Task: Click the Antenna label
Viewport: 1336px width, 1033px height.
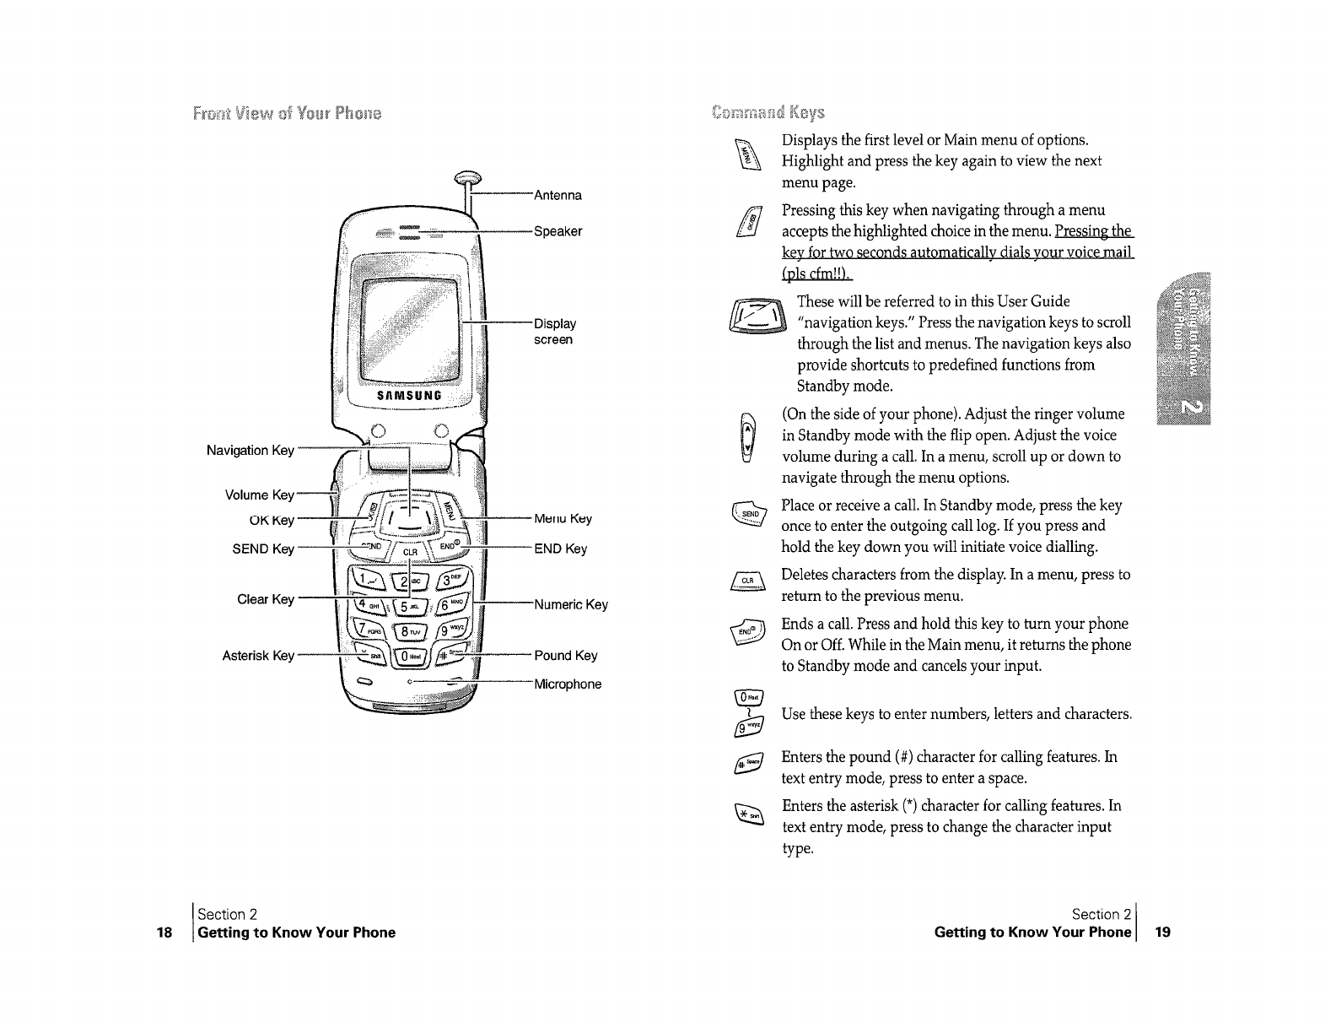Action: point(558,196)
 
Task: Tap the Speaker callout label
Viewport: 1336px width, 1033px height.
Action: point(558,231)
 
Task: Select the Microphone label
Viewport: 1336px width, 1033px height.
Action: point(568,684)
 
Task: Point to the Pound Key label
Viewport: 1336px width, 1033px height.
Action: point(565,656)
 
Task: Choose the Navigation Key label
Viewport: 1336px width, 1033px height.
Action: point(250,451)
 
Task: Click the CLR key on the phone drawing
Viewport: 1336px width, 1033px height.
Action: point(411,552)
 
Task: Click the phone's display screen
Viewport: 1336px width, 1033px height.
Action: point(411,321)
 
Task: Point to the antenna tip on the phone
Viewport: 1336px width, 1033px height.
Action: point(468,177)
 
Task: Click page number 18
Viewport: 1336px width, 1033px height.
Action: point(164,933)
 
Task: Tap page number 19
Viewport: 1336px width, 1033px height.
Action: point(1163,933)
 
